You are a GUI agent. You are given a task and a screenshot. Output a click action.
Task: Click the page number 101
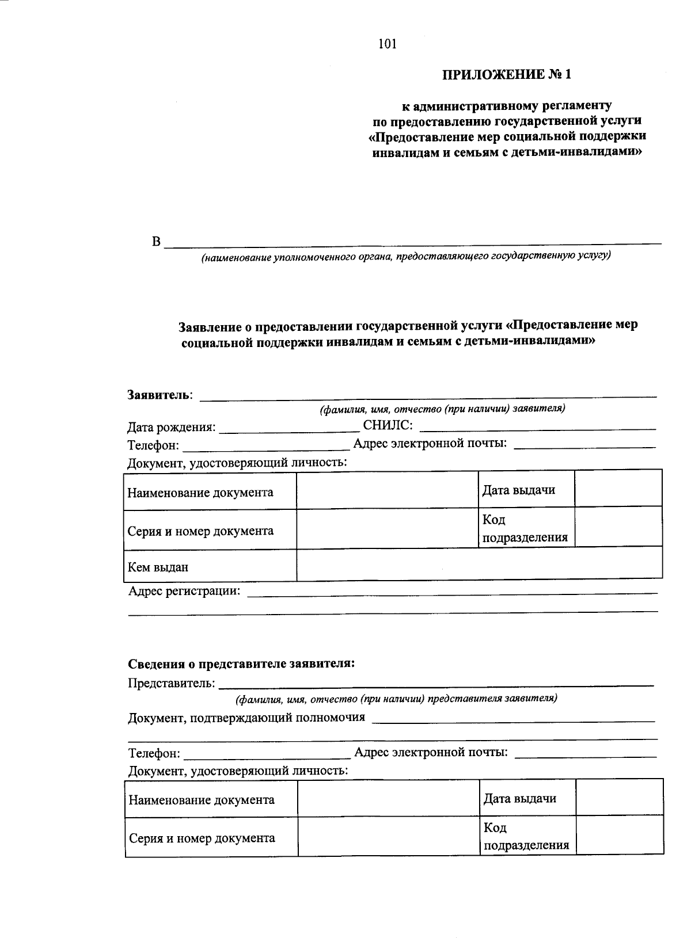[x=388, y=44]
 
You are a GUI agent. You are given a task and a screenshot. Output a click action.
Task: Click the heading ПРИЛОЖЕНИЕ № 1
[x=508, y=75]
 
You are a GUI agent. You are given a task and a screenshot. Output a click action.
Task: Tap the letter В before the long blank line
[x=156, y=242]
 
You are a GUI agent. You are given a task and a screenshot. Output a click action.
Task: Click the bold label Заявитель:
[x=161, y=395]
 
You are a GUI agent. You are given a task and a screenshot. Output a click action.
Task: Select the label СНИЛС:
[x=388, y=426]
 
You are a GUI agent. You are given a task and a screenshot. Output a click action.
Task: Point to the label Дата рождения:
[x=172, y=428]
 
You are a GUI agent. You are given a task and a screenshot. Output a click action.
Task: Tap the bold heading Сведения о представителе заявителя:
[x=241, y=664]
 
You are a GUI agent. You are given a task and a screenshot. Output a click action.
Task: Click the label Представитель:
[x=172, y=684]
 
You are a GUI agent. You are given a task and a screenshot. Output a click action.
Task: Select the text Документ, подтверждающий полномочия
[x=246, y=718]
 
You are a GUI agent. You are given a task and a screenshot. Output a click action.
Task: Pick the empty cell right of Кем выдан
[x=479, y=564]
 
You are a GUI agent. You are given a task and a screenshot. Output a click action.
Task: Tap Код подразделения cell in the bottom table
[x=527, y=837]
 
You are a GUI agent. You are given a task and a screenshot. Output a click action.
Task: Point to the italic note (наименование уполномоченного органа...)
[x=405, y=256]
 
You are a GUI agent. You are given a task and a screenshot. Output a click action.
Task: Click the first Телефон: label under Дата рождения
[x=153, y=446]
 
